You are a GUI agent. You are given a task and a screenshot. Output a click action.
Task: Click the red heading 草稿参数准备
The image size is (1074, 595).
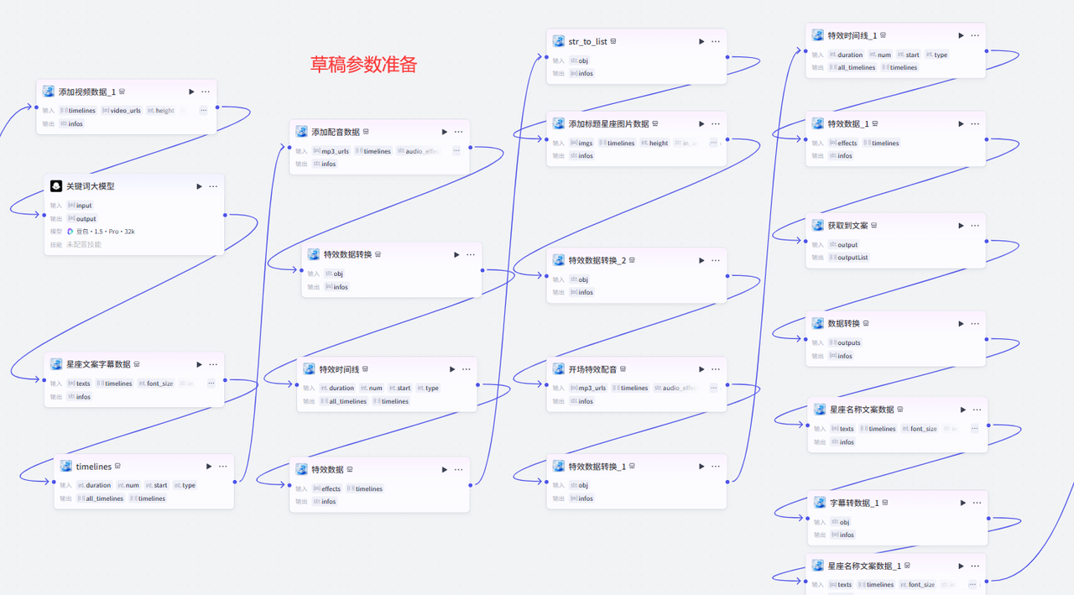[x=363, y=65]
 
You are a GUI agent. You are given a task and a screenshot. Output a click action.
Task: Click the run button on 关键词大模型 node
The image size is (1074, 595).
[x=199, y=186]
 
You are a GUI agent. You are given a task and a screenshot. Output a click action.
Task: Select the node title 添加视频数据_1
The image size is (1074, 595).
[x=87, y=91]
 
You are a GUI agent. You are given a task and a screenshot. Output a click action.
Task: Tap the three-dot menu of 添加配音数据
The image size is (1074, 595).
[x=458, y=132]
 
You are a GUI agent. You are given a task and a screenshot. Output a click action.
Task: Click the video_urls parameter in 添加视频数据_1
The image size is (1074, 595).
[x=125, y=111]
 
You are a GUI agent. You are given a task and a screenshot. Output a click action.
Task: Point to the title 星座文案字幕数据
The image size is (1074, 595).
[x=98, y=364]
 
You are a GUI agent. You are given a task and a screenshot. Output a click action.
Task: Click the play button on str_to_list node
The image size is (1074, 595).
[x=701, y=41]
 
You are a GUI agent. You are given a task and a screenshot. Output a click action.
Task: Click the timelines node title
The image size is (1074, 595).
[x=94, y=467]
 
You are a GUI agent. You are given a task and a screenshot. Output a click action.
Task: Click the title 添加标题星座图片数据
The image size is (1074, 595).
[x=608, y=123]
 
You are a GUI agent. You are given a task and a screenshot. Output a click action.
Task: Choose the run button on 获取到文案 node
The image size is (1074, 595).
[x=961, y=225]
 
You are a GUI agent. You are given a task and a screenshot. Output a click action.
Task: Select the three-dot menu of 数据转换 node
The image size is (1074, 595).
[x=975, y=323]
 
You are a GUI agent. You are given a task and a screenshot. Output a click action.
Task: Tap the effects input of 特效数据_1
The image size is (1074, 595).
[x=847, y=143]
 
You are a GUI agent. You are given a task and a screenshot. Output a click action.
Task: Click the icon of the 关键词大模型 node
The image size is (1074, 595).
[x=56, y=186]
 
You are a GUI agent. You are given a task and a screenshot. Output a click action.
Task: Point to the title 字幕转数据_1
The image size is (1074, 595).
[x=854, y=503]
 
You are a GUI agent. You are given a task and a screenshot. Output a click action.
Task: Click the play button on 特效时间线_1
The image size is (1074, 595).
[x=961, y=35]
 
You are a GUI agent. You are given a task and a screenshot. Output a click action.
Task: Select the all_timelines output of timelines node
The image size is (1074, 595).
[x=105, y=498]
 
